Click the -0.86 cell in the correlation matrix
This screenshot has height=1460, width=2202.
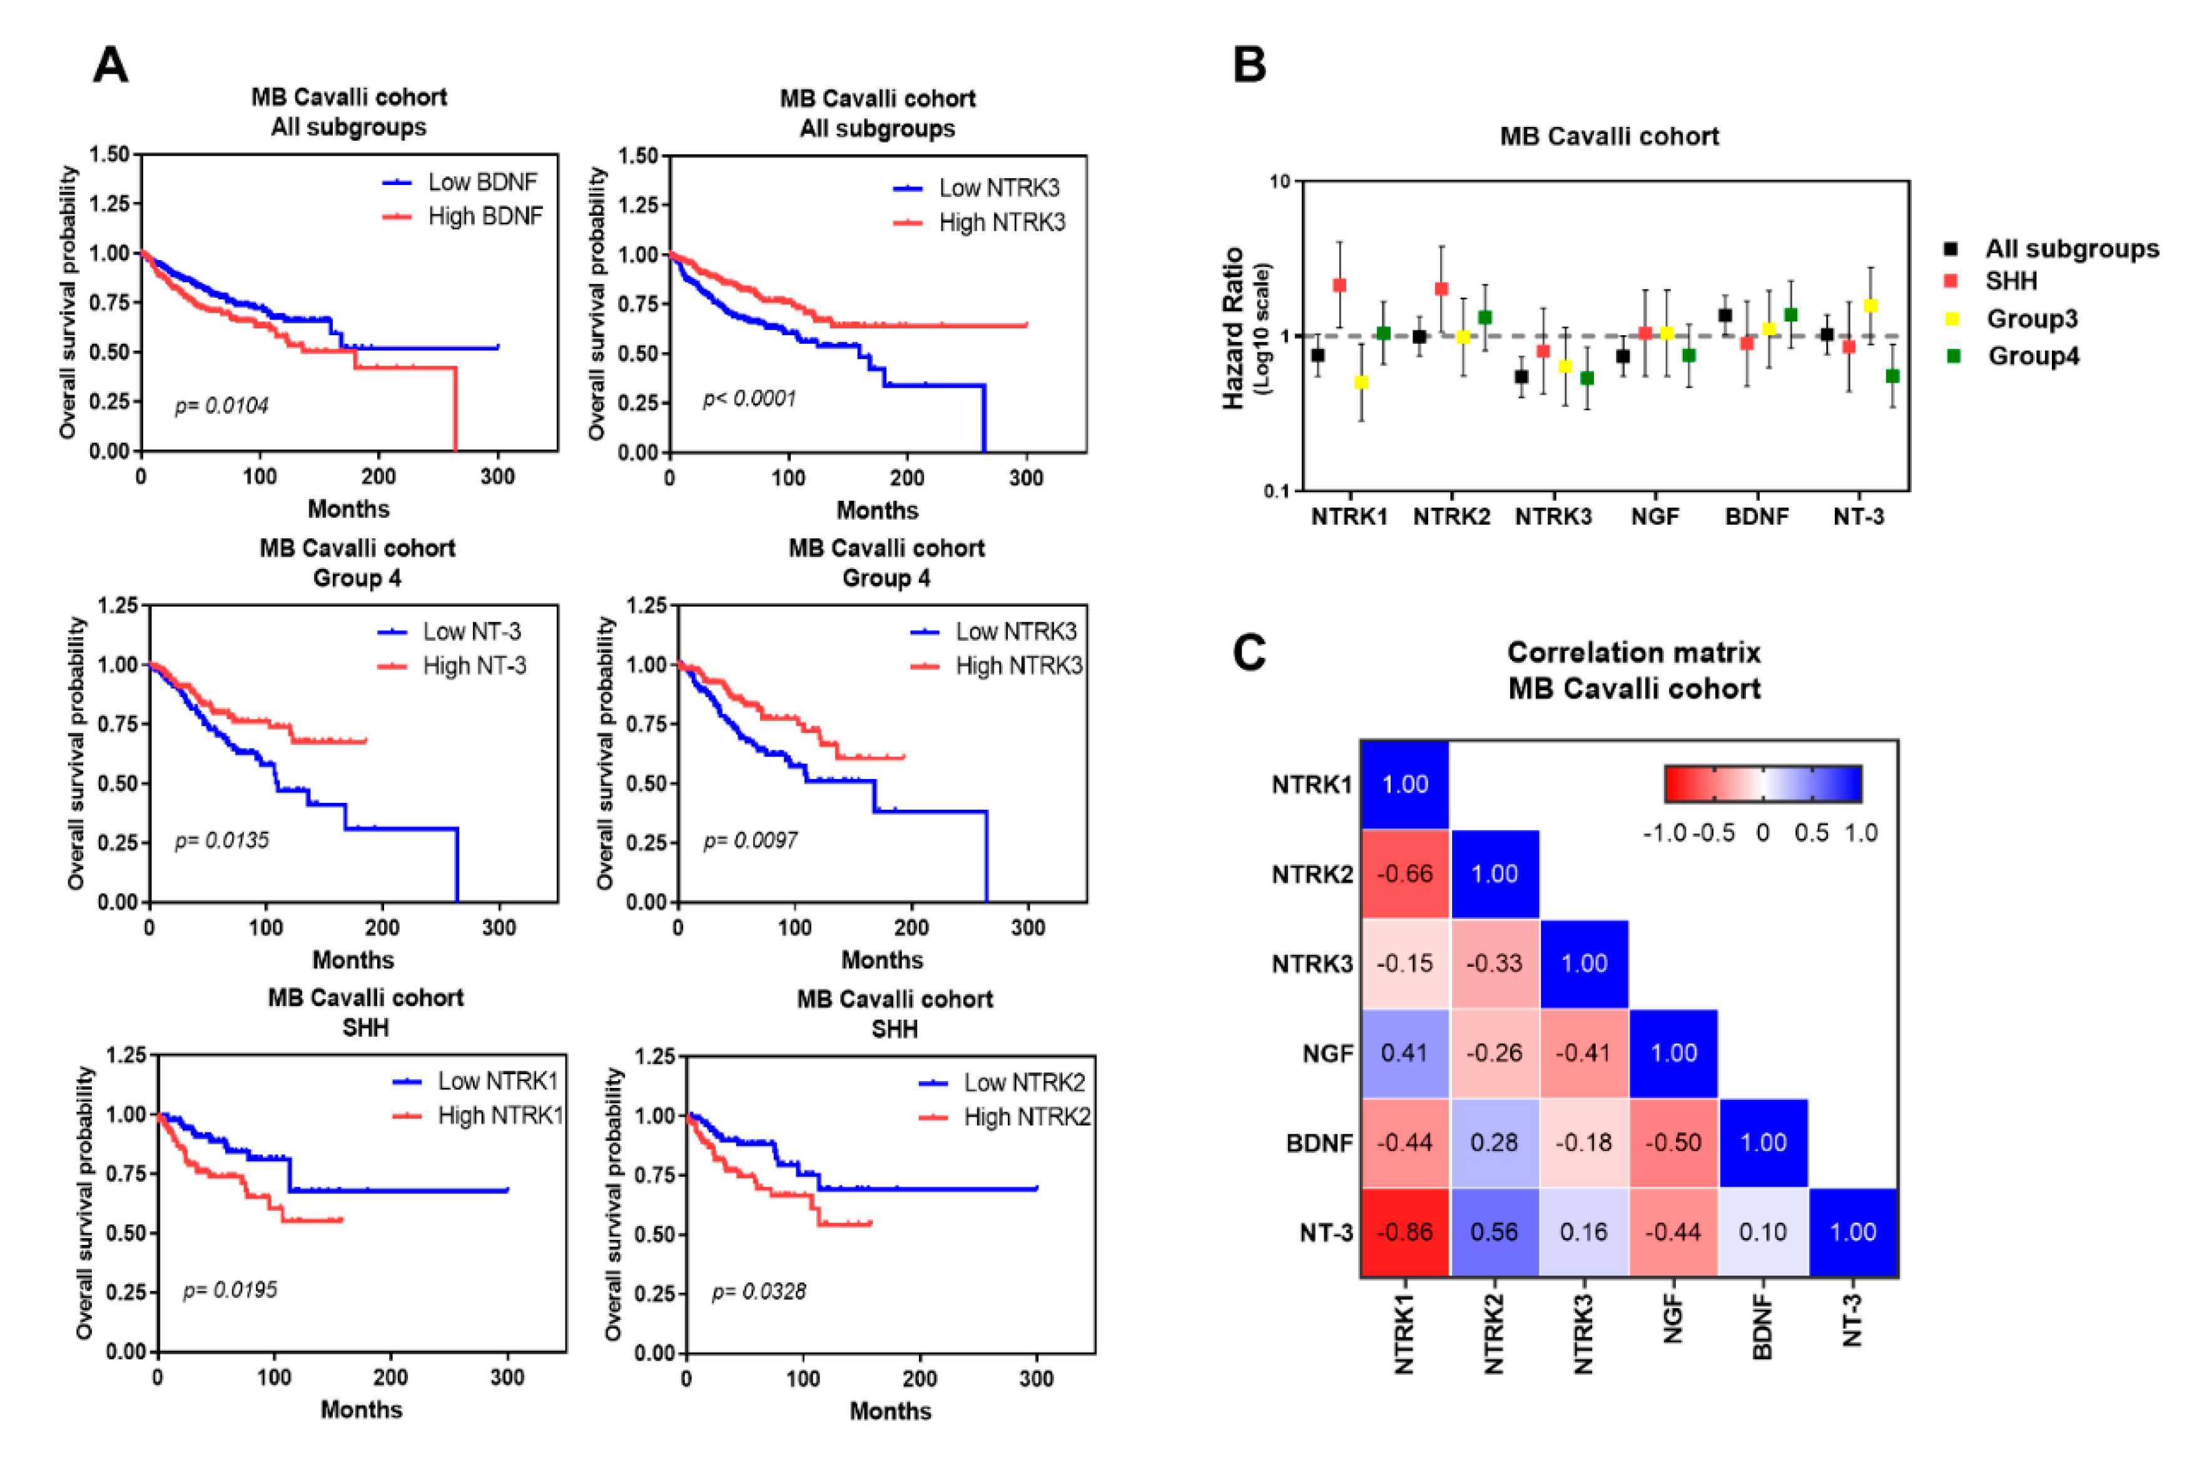click(1404, 1232)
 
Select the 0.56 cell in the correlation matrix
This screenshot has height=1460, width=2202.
click(1494, 1232)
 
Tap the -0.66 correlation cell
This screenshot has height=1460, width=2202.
click(1404, 873)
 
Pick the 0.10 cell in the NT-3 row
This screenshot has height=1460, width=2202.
click(1763, 1232)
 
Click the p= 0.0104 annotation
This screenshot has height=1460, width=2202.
click(221, 406)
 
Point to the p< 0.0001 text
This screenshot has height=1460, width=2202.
click(750, 400)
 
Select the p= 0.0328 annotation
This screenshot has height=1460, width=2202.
click(759, 1291)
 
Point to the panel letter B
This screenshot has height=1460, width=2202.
click(1249, 64)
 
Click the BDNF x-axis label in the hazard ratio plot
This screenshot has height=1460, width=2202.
click(1757, 516)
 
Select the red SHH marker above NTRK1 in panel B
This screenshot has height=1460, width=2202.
click(1339, 285)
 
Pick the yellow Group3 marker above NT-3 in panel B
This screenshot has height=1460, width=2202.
click(1870, 305)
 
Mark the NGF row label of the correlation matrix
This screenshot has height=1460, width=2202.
click(1327, 1053)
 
